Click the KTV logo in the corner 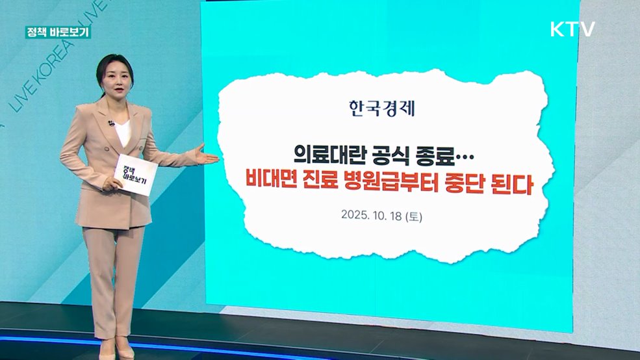point(572,29)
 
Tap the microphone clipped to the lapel point(112,123)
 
